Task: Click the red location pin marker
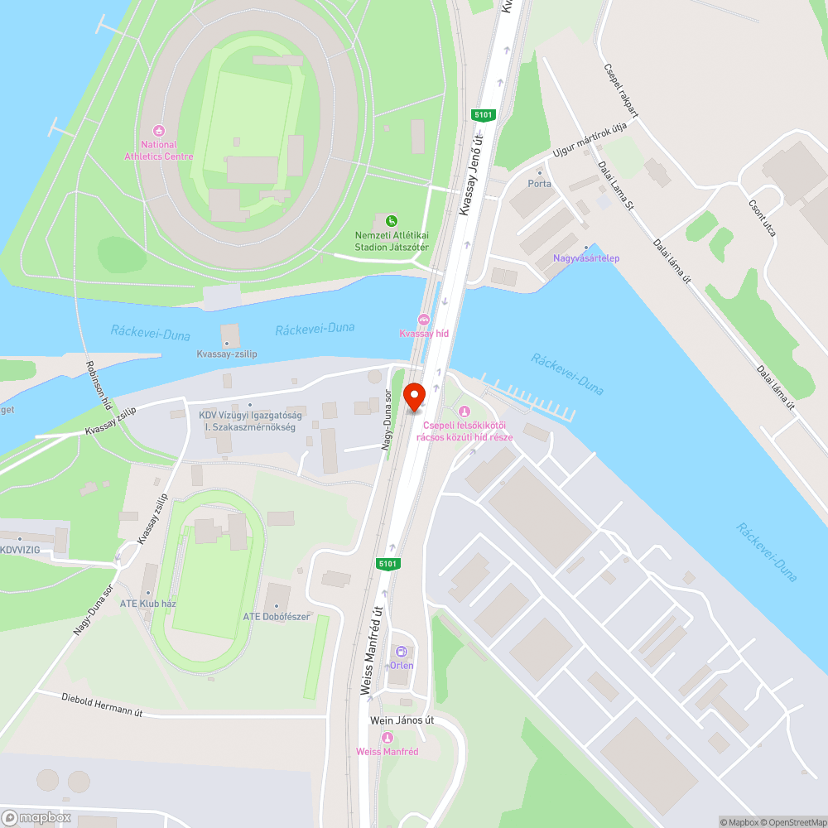click(x=413, y=397)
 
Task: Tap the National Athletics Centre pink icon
click(x=159, y=131)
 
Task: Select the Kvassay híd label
click(x=424, y=333)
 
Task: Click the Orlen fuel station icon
click(x=402, y=652)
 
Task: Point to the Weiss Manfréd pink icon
click(x=387, y=738)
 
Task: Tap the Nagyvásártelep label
click(x=586, y=258)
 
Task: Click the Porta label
click(x=540, y=184)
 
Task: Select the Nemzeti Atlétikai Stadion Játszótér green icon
click(x=391, y=220)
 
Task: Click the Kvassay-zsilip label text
click(x=227, y=354)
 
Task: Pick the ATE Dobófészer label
click(x=277, y=616)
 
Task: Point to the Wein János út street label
click(x=402, y=720)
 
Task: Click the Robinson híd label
click(x=98, y=387)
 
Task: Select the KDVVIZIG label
click(x=21, y=549)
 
